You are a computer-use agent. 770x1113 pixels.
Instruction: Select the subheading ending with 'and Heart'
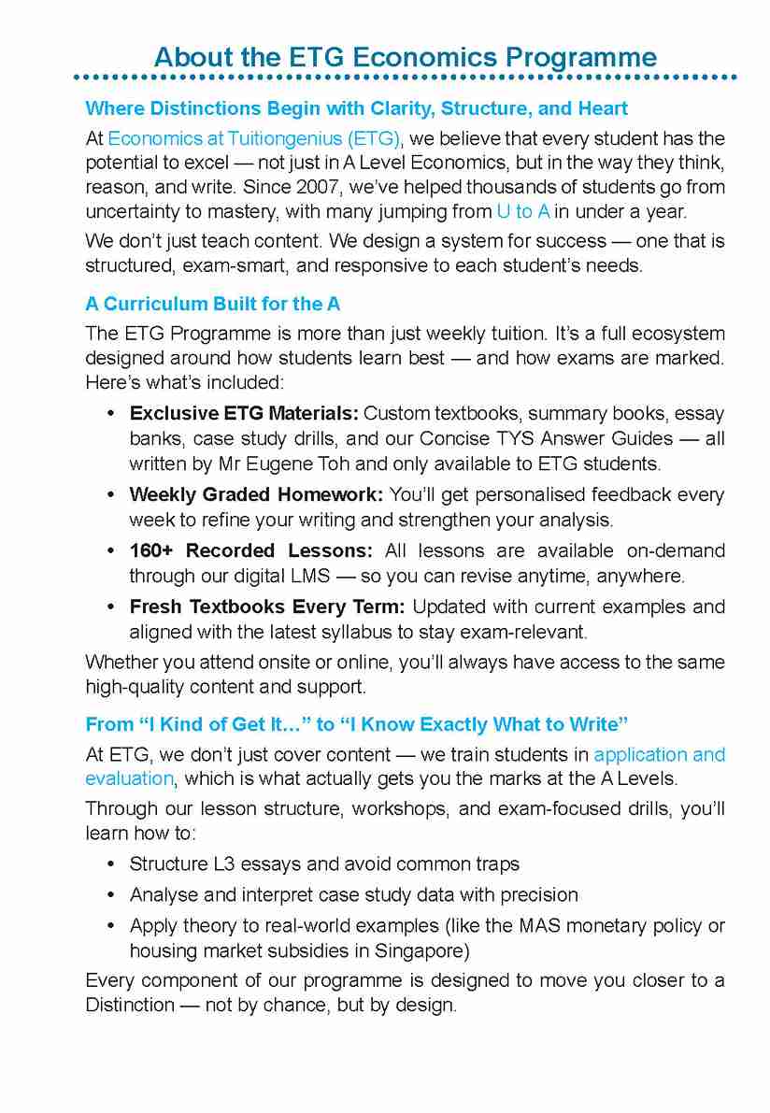pos(356,108)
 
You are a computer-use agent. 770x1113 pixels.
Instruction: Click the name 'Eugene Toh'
pos(292,464)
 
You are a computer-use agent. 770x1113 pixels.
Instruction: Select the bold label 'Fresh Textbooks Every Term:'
pos(267,606)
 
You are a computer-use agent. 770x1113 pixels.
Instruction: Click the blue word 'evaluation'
pos(130,778)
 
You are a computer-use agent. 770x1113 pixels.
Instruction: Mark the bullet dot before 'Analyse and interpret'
pos(111,895)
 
